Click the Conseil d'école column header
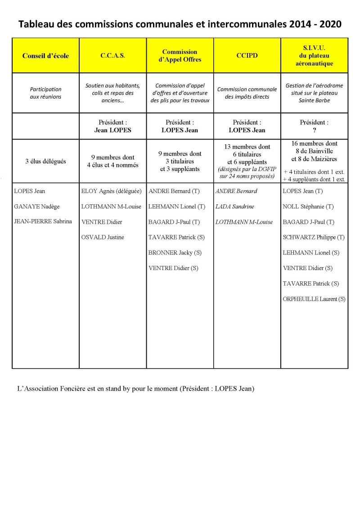coord(45,56)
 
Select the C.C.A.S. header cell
coord(112,56)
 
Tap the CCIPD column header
coord(247,56)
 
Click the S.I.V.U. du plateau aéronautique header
coord(315,56)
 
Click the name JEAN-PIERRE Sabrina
coord(43,221)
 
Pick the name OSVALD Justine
coord(103,237)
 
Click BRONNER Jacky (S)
coord(175,252)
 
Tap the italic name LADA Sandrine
coord(234,207)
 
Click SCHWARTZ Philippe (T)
coord(314,237)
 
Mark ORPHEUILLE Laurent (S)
coord(314,299)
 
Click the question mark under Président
coord(314,130)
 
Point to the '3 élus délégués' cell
coord(45,162)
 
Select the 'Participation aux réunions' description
coord(45,93)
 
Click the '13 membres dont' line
coord(247,147)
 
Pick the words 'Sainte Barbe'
coord(314,101)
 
